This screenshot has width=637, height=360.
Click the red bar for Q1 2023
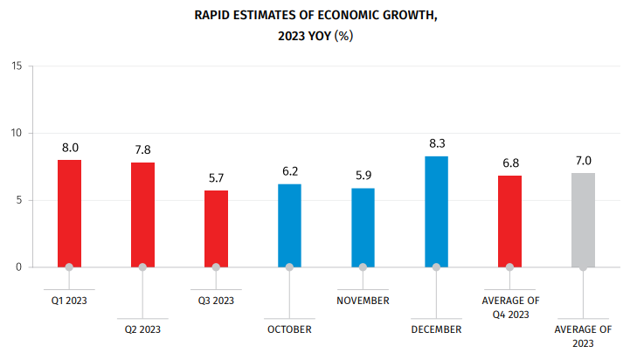coord(69,213)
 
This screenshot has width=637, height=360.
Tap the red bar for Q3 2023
coord(216,228)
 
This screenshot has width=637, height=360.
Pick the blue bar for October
coord(289,225)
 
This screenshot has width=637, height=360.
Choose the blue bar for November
coord(363,227)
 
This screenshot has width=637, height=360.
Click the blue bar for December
coord(436,211)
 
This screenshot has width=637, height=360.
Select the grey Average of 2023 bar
coord(583,219)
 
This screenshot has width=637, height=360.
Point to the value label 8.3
coord(437,143)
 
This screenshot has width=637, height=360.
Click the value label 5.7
coord(216,177)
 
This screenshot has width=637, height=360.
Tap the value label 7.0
coord(584,160)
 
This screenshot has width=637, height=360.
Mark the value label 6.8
coord(510,163)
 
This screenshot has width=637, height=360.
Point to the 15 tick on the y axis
coord(17,66)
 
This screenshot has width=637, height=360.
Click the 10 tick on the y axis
coord(17,133)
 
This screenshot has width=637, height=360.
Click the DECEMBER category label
coord(436,329)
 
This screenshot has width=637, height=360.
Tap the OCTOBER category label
coord(289,329)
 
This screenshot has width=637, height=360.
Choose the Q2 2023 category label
coord(142,329)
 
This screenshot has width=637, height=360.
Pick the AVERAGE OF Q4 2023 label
coord(510,307)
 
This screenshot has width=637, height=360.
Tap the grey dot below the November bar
coord(363,267)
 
